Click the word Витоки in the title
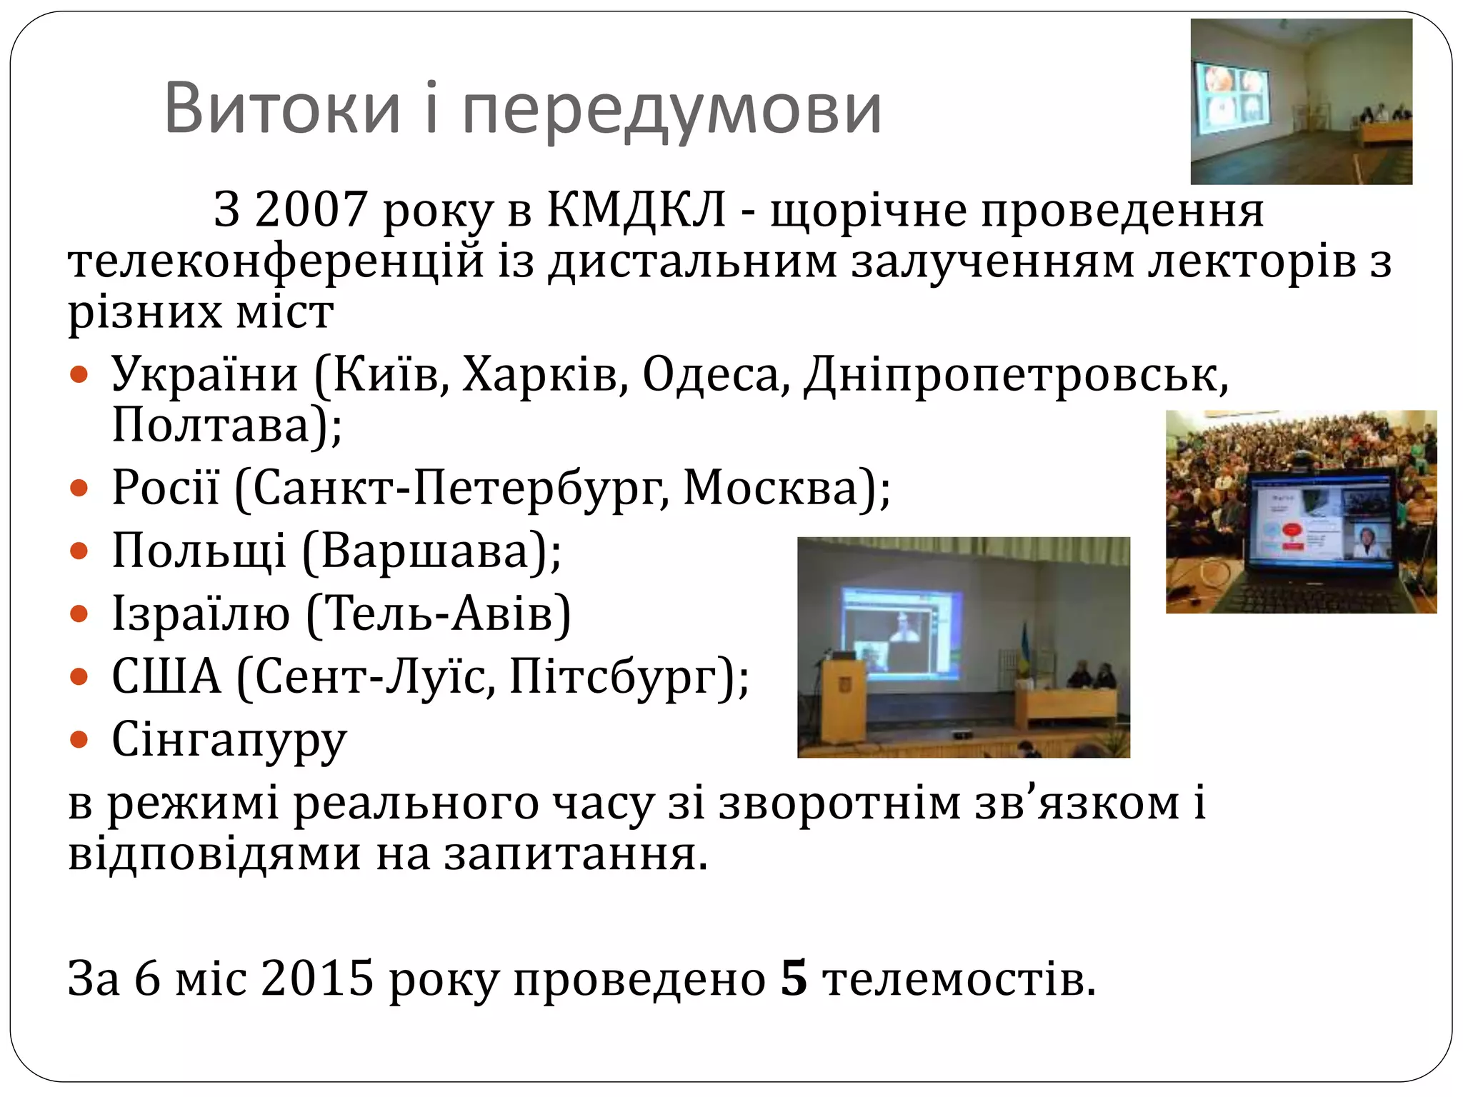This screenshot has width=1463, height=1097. [282, 109]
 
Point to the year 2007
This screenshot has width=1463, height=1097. [311, 211]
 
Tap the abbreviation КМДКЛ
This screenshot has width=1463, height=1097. [636, 210]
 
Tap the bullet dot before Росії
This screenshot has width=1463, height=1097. [79, 489]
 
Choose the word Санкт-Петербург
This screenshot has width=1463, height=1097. [460, 490]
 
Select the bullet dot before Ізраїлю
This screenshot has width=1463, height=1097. [79, 614]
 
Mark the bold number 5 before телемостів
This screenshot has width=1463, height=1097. [793, 978]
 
